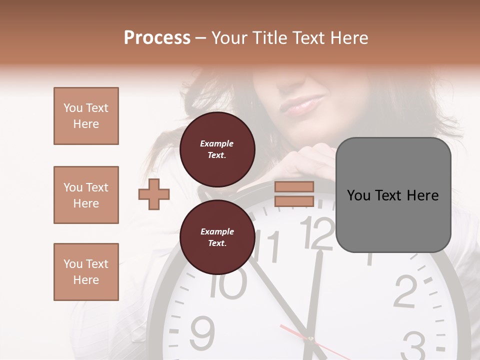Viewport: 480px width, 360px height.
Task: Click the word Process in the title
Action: pyautogui.click(x=157, y=38)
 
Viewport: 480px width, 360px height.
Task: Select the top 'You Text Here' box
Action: pyautogui.click(x=86, y=116)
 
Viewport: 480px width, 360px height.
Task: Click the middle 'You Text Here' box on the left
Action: pyautogui.click(x=86, y=195)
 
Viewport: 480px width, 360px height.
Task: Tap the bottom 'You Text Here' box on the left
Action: pyautogui.click(x=86, y=272)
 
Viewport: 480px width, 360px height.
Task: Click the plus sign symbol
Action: pyautogui.click(x=154, y=194)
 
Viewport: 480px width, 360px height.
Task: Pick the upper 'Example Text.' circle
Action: pyautogui.click(x=217, y=149)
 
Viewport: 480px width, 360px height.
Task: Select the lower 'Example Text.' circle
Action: pyautogui.click(x=217, y=237)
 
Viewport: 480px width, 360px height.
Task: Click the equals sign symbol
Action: pyautogui.click(x=294, y=194)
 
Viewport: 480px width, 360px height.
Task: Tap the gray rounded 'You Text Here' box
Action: pyautogui.click(x=393, y=195)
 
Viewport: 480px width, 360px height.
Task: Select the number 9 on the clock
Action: pyautogui.click(x=202, y=332)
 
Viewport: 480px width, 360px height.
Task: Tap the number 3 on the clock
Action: pyautogui.click(x=413, y=345)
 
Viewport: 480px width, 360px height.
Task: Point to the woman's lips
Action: pyautogui.click(x=302, y=106)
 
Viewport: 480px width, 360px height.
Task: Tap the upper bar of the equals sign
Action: pyautogui.click(x=294, y=187)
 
